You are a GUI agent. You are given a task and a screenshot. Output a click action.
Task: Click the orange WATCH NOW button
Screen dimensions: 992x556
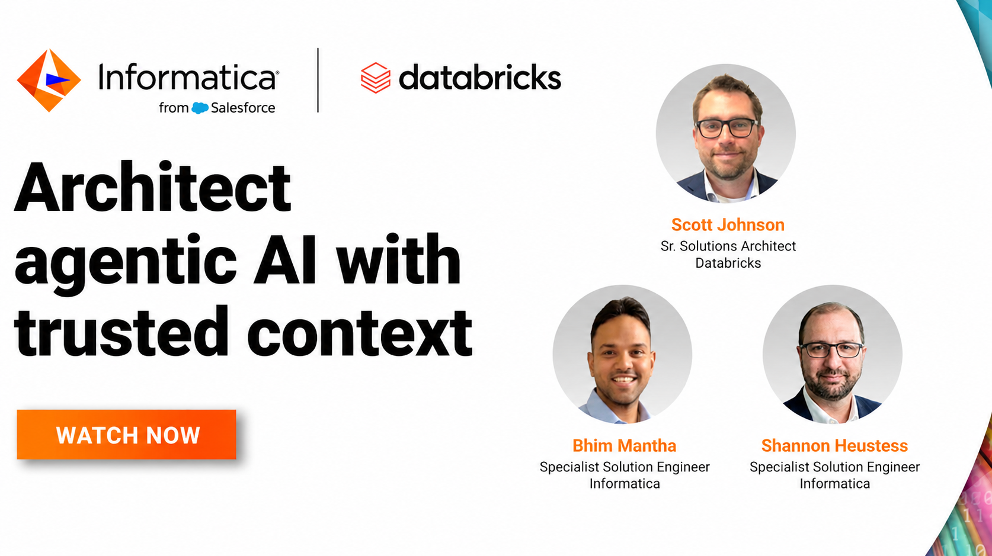coord(126,434)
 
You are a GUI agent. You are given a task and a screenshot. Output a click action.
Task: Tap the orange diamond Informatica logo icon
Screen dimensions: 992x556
coord(49,80)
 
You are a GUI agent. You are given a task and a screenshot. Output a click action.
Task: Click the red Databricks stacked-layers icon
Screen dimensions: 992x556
coord(376,78)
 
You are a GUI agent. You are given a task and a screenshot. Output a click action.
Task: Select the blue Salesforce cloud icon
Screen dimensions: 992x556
coord(200,108)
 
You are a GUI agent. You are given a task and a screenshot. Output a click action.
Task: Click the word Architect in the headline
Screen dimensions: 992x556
coord(153,188)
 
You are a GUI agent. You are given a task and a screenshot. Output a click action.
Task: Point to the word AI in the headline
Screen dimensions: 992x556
coord(285,259)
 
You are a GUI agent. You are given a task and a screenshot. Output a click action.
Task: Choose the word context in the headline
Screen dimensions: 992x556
coord(359,333)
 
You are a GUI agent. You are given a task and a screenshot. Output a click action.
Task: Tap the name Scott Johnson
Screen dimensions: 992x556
coord(728,224)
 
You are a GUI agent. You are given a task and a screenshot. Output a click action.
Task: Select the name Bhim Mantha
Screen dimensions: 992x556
coord(624,445)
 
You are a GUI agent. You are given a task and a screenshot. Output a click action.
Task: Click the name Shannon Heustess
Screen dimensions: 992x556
coord(834,445)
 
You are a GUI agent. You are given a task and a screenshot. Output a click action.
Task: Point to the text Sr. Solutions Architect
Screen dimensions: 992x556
coord(728,246)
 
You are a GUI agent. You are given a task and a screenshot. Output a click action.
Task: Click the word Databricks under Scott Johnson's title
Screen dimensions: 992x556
coord(728,263)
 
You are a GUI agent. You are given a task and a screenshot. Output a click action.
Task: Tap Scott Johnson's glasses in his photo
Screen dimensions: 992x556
coord(727,128)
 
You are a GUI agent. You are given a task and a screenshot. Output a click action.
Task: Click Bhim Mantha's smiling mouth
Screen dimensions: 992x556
coord(624,380)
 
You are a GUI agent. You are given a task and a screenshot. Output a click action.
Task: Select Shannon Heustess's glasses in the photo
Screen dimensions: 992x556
coord(831,350)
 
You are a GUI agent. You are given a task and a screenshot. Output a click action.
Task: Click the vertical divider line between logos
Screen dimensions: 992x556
coord(318,80)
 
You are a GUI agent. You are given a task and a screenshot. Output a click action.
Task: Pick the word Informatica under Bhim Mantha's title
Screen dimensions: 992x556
coord(625,483)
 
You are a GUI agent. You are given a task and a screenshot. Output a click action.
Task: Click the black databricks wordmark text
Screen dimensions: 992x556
coord(479,78)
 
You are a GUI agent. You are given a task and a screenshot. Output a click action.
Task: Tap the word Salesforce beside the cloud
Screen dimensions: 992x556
coord(243,108)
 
